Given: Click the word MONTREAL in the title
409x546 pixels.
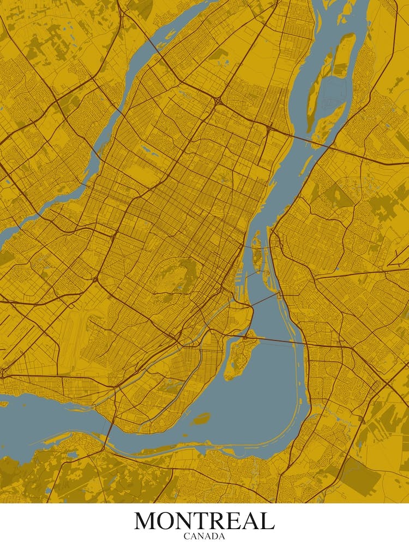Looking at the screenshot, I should click(204, 521).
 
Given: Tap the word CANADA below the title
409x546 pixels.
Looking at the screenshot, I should click(204, 536).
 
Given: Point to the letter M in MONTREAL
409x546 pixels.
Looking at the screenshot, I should click(146, 521).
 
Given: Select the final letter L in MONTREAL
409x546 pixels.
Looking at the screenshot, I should click(267, 521).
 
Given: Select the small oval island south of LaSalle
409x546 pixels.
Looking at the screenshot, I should click(201, 419).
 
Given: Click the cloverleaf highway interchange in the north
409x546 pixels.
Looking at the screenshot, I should click(218, 102).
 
